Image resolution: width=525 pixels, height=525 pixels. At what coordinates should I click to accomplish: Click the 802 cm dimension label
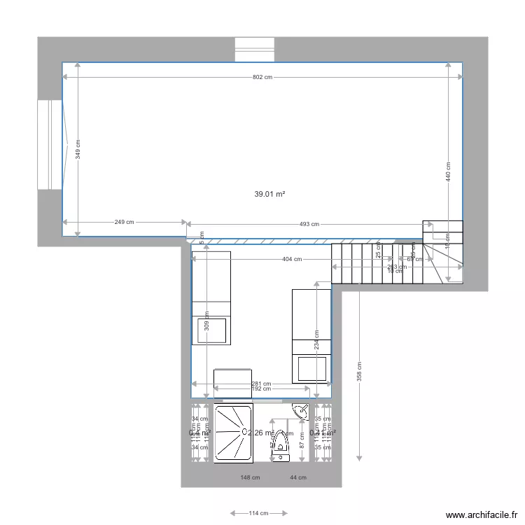(x=262, y=77)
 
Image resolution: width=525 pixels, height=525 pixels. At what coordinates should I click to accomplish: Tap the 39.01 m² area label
(x=269, y=194)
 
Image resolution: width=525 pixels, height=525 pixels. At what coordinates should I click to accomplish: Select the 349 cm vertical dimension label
(x=78, y=149)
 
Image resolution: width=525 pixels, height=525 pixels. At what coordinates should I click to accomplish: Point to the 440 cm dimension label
(x=448, y=172)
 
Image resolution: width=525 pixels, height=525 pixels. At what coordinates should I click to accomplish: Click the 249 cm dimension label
(x=124, y=222)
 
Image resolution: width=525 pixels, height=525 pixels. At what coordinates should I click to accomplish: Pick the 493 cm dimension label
(x=309, y=224)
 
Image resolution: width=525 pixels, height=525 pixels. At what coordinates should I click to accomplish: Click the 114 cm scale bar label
(x=258, y=513)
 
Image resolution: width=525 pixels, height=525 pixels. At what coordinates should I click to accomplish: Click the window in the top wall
(x=255, y=50)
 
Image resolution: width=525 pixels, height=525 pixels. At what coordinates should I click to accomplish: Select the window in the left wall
(x=50, y=144)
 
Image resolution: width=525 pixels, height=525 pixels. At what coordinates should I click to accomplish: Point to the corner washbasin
(x=302, y=411)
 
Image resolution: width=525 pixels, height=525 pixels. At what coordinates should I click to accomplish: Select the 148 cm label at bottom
(x=250, y=478)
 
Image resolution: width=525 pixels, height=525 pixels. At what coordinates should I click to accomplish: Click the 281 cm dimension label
(x=262, y=384)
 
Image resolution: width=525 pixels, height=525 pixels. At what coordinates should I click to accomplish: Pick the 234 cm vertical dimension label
(x=316, y=340)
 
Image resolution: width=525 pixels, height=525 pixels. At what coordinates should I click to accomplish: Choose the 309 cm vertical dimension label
(x=206, y=321)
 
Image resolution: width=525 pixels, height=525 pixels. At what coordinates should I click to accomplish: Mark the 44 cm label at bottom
(x=297, y=478)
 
